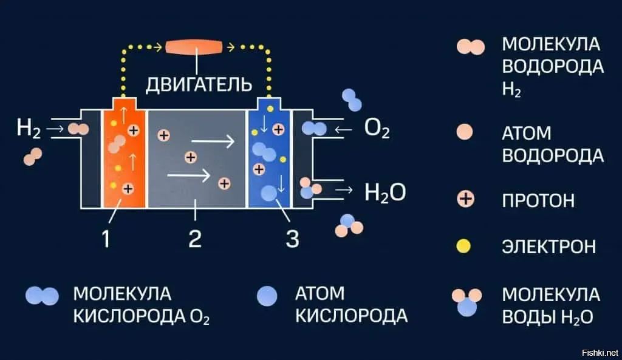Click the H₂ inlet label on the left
(29, 129)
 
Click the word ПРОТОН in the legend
(538, 200)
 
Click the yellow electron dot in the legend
(465, 246)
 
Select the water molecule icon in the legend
(466, 302)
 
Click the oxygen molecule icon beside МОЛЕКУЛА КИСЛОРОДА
(42, 296)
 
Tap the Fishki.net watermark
(599, 352)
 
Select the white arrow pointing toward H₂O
(343, 190)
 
